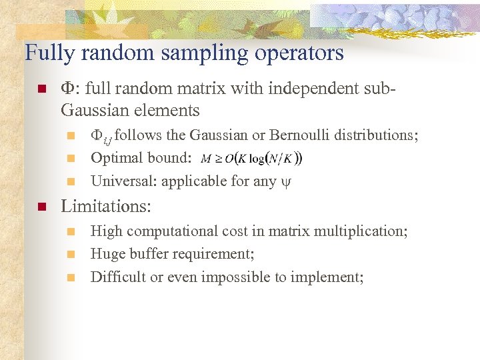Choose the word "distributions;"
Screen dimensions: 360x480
(x=377, y=135)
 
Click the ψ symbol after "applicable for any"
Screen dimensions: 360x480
(x=287, y=182)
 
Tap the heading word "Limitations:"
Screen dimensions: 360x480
(x=106, y=207)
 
